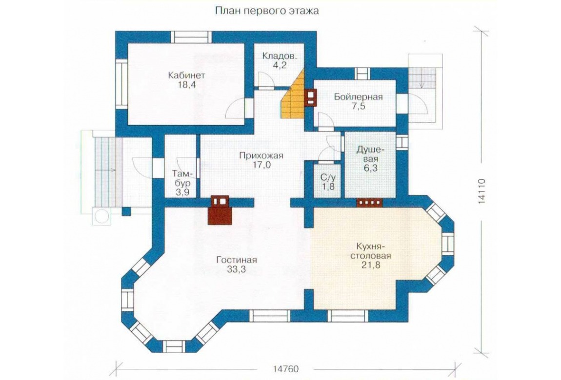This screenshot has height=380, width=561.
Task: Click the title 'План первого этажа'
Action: click(266, 11)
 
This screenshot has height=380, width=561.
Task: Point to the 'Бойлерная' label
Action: click(359, 97)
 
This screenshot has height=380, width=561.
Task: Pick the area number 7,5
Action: click(359, 106)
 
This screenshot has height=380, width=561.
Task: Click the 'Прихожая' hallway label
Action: click(261, 156)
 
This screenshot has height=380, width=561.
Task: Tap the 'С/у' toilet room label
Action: click(327, 177)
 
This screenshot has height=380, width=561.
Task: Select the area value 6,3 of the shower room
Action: click(371, 168)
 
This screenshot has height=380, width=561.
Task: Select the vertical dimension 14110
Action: click(481, 191)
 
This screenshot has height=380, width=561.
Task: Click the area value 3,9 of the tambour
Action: click(182, 192)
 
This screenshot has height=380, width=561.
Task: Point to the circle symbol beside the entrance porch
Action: click(101, 216)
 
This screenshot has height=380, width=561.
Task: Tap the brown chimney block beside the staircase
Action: click(311, 97)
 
